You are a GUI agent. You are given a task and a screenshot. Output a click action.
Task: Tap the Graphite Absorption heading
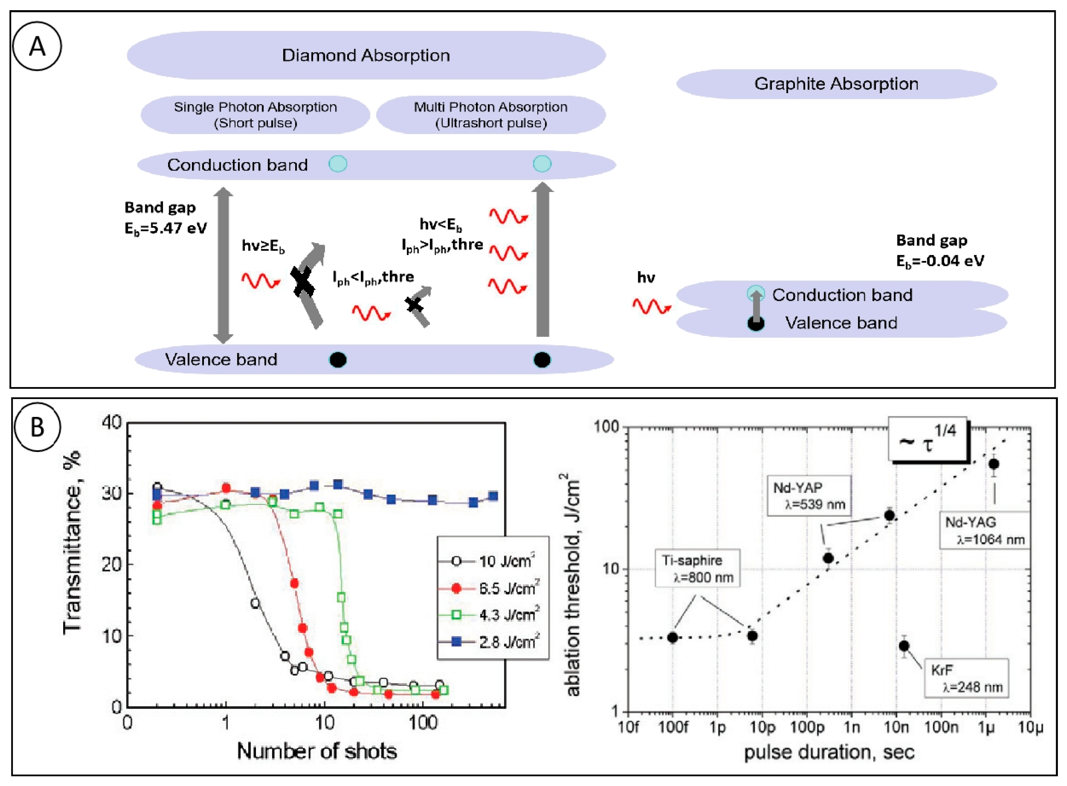click(836, 84)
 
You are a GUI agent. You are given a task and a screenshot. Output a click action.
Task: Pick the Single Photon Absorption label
click(255, 115)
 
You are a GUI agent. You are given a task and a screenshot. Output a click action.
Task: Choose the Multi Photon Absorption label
click(491, 115)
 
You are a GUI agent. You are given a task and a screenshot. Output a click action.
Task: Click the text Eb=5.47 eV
click(166, 228)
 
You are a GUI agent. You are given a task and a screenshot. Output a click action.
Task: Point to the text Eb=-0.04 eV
click(940, 261)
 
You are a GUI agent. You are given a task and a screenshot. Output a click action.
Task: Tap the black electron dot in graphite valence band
click(756, 324)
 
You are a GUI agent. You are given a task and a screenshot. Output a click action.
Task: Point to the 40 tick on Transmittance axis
click(112, 422)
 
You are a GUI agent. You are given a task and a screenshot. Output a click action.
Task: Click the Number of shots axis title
click(317, 751)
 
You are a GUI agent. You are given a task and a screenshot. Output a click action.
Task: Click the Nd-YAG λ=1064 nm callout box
click(984, 531)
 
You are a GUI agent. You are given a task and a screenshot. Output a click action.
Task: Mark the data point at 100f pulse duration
click(672, 638)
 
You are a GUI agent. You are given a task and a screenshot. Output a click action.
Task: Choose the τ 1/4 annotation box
click(927, 439)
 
